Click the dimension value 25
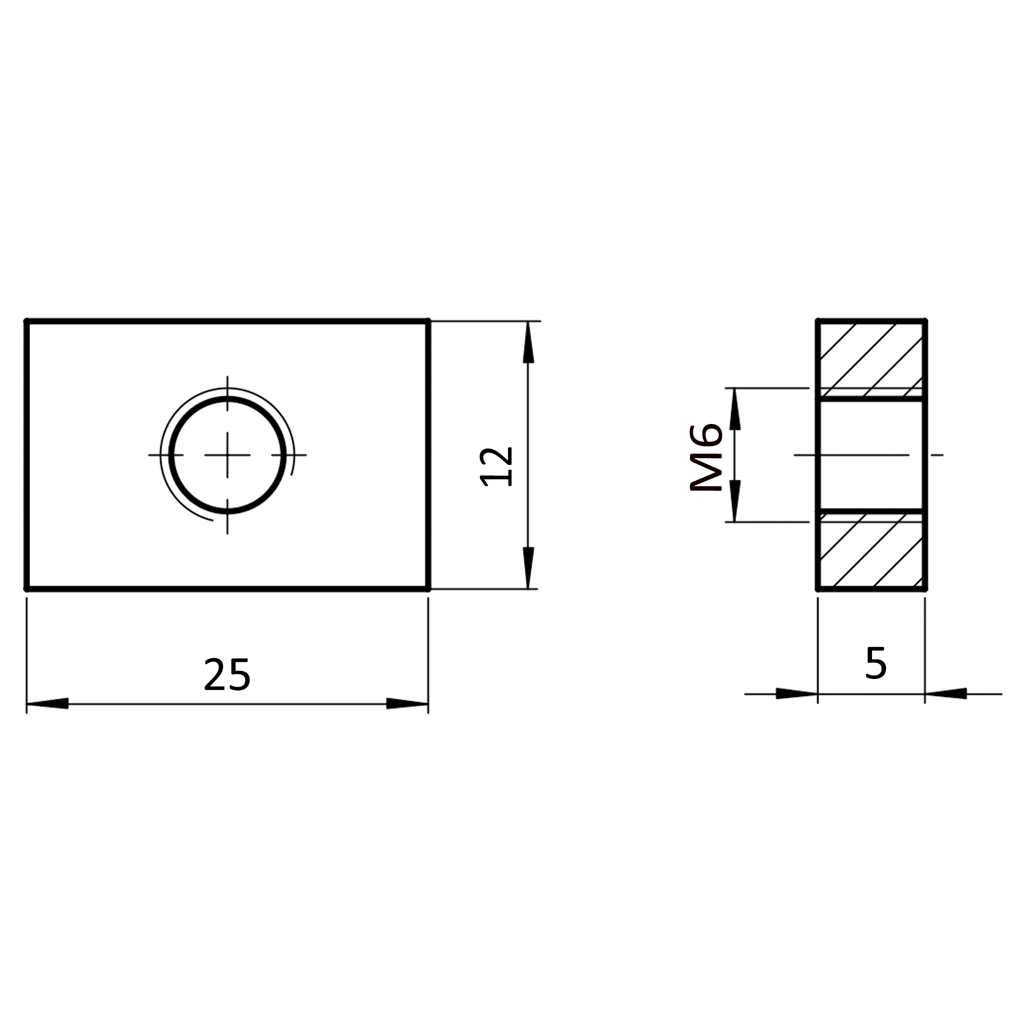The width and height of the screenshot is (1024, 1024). pos(227,674)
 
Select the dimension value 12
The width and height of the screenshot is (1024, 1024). pos(496,466)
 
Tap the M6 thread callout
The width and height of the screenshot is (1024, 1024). pos(706,457)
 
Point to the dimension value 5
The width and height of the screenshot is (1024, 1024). pos(875,663)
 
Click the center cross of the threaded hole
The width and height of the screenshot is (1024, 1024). pos(227,455)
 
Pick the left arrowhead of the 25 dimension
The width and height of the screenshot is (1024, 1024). pos(47,703)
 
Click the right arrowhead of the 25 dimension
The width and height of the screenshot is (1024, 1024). pos(407,703)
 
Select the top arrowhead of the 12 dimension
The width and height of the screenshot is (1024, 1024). pos(528,342)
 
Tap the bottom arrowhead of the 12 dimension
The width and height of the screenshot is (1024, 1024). pos(528,567)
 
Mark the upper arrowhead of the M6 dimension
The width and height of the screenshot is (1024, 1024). pos(734,408)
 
